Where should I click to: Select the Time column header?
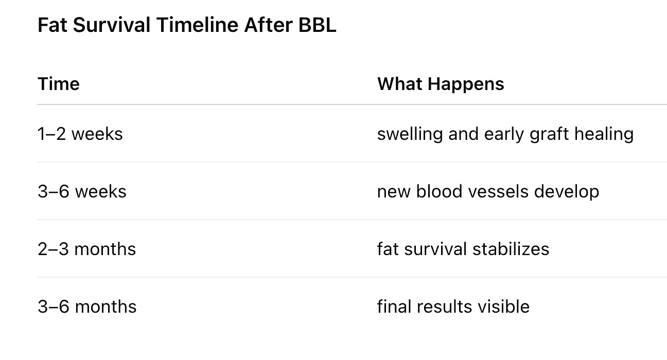coord(59,84)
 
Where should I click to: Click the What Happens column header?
coord(441,84)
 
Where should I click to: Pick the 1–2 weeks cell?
coord(80,134)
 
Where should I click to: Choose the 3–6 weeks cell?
coord(82,191)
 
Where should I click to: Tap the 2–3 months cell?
coord(87,249)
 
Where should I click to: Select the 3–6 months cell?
coord(87,307)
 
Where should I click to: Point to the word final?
coord(395,307)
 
